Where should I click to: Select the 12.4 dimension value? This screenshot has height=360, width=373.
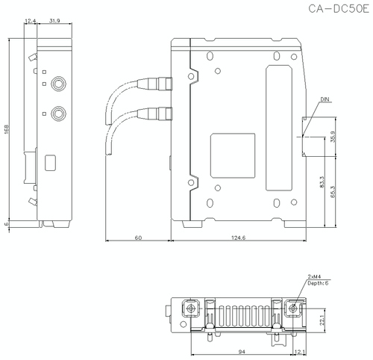pos(31,22)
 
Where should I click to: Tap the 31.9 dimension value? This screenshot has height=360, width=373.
pos(55,22)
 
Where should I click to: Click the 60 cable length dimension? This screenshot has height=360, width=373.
pos(138,237)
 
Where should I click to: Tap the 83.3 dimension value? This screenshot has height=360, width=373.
pos(322,184)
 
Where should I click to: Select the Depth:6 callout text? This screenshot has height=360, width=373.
pos(317,284)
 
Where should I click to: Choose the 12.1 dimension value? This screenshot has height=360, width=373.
pos(299,350)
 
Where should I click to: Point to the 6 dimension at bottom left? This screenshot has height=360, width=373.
pos(7,223)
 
